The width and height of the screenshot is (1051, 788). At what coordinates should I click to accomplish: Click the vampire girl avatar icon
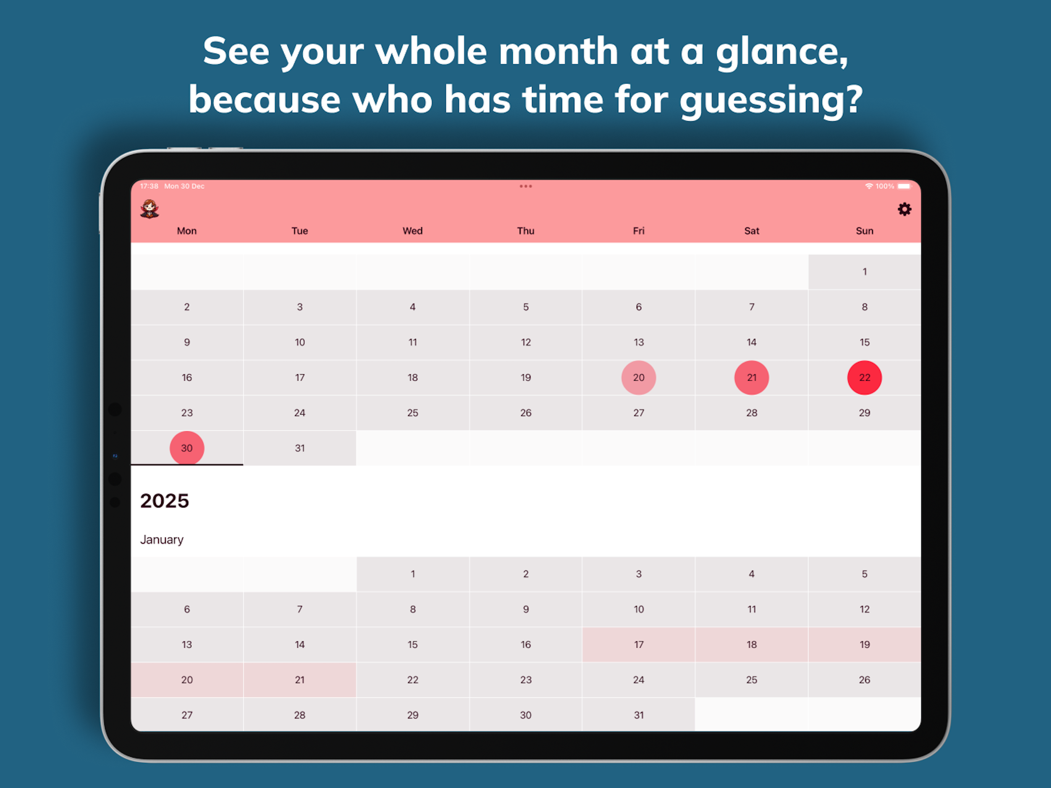click(150, 208)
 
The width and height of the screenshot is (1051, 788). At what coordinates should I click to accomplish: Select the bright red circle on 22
click(864, 378)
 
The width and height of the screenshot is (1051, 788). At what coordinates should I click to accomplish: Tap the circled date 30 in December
click(187, 448)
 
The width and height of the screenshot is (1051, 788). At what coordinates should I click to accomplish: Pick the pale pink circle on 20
click(639, 378)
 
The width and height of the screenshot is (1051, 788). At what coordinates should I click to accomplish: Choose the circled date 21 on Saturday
click(751, 378)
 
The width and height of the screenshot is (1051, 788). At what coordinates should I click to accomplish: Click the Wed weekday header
click(412, 231)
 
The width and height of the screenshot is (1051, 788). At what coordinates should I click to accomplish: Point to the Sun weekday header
click(864, 231)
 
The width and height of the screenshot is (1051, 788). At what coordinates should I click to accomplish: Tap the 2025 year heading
click(164, 501)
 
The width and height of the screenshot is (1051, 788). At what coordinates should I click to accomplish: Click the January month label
click(162, 539)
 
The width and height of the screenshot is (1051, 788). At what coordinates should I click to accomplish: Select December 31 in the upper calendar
click(300, 448)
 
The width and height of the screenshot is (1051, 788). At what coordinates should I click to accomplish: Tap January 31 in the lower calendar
click(639, 715)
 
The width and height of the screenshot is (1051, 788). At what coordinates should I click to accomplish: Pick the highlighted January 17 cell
click(639, 644)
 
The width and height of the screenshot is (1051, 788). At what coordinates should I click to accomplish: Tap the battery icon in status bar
click(905, 186)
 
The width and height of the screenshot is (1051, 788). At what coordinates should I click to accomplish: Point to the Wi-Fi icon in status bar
click(868, 186)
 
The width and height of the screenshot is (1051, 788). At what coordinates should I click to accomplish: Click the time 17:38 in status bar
click(149, 186)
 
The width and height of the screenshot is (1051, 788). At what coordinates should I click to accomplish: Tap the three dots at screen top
click(525, 186)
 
